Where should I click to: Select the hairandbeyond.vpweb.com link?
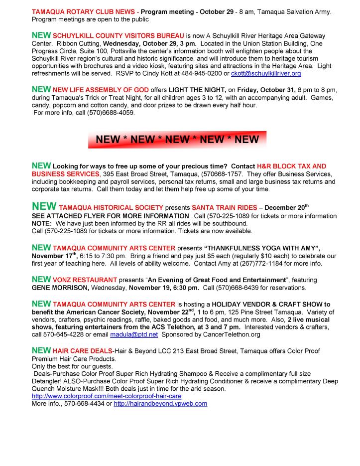160,403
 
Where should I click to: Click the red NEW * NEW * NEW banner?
177,140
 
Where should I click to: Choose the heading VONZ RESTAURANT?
85,280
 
